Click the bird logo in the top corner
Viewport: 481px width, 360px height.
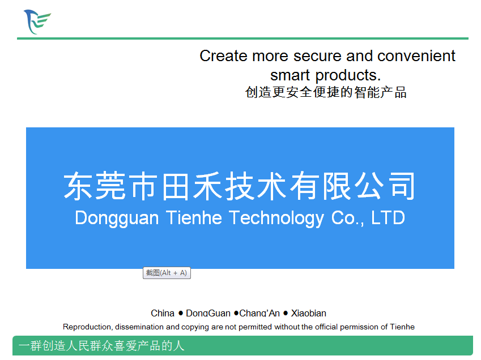[37, 22]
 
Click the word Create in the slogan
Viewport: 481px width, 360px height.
[223, 56]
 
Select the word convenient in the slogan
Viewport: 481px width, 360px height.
[416, 56]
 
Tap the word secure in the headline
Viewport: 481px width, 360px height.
[317, 57]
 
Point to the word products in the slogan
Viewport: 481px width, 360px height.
[348, 75]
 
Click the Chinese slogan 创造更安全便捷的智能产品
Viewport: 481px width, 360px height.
[326, 92]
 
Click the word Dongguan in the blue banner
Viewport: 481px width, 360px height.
[117, 218]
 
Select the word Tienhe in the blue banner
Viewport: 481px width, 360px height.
[194, 217]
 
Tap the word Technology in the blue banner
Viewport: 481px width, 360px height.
[276, 218]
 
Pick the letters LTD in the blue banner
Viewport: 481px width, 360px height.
[388, 217]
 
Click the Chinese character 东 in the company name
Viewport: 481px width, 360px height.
[79, 186]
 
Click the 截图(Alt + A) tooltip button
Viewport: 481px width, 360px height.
[167, 273]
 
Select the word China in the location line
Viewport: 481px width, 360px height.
[163, 313]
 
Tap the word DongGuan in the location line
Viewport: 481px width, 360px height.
[208, 313]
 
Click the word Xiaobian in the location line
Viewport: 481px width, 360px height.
[308, 313]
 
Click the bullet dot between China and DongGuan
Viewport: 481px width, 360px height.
[181, 313]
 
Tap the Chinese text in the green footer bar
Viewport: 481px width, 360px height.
[101, 346]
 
